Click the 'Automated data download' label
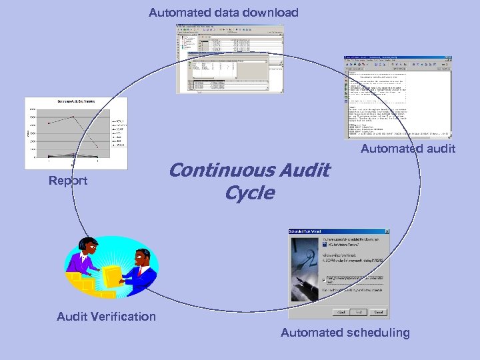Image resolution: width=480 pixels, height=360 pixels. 223,13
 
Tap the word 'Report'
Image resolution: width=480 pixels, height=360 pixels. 68,181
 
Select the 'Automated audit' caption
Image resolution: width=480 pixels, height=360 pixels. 408,149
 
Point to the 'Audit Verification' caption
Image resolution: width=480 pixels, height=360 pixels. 107,317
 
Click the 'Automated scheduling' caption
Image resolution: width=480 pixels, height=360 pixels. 345,333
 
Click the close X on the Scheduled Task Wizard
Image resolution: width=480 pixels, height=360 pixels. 386,231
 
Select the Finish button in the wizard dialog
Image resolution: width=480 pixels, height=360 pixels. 359,312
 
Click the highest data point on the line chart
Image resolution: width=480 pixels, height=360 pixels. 73,117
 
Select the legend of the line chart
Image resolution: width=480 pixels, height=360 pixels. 119,133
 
